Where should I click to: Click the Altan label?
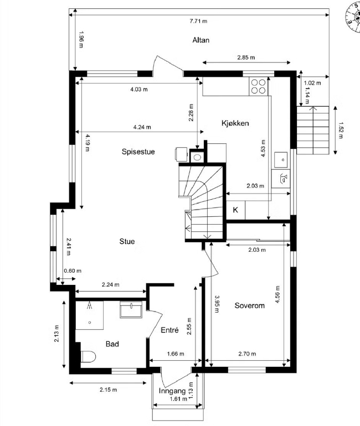[201, 40]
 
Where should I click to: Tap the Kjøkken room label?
[235, 123]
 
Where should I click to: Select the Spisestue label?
[138, 152]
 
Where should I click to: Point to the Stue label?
[127, 241]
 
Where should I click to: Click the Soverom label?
[249, 305]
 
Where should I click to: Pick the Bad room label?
[112, 344]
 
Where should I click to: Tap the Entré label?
[169, 330]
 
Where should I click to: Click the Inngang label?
[172, 391]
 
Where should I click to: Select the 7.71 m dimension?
[198, 21]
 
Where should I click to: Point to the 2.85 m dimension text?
[246, 58]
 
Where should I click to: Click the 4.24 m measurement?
[142, 127]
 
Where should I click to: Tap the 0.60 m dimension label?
[73, 271]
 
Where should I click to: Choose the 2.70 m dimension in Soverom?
[247, 354]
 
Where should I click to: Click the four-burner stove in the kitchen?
[258, 86]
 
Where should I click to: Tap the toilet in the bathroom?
[89, 356]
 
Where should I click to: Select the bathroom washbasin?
[131, 310]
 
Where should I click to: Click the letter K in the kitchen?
[235, 210]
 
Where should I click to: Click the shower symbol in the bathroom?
[90, 306]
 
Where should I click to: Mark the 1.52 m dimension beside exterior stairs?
[341, 131]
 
